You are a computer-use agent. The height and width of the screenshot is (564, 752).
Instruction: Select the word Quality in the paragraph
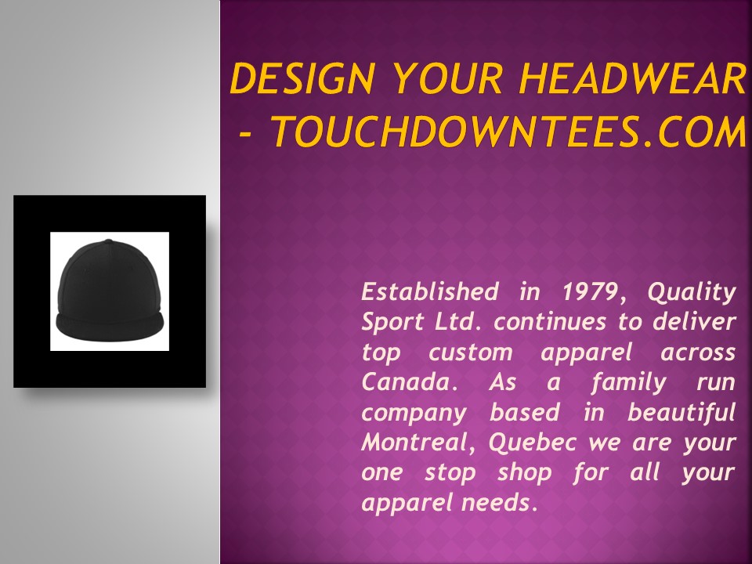(692, 292)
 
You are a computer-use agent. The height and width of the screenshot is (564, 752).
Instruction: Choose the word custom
(468, 352)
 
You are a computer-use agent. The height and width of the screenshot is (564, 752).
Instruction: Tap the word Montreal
(418, 443)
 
